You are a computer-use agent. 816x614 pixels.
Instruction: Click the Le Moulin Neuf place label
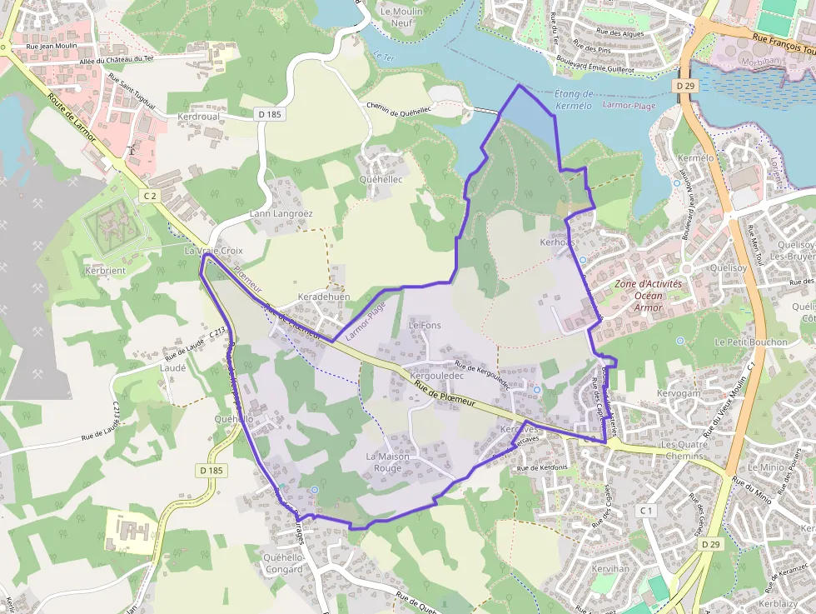[x=397, y=17]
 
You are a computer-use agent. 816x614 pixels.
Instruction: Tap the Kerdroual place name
[x=198, y=117]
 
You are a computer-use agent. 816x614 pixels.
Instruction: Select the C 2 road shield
[x=150, y=195]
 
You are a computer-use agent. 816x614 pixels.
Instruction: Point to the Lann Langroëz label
[x=281, y=213]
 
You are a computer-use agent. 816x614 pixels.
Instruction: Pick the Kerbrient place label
[x=105, y=272]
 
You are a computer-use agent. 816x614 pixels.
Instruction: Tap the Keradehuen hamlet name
[x=324, y=297]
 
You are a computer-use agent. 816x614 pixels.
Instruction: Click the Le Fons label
[x=425, y=325]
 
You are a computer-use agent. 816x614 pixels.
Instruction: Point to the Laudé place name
[x=172, y=367]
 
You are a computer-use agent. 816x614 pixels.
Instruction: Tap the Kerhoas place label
[x=557, y=242]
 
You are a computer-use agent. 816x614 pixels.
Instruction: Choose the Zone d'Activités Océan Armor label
[x=649, y=296]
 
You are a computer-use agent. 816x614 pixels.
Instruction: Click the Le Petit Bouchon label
[x=750, y=342]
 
